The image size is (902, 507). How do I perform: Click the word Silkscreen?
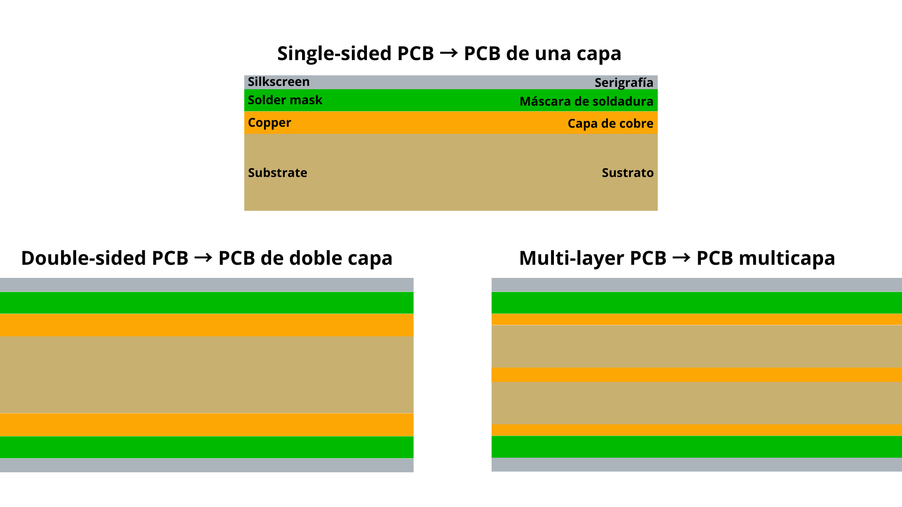(279, 82)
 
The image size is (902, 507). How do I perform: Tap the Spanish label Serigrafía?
(623, 83)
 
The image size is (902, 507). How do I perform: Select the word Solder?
(265, 100)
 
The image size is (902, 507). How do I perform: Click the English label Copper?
(269, 123)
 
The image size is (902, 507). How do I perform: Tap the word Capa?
(582, 123)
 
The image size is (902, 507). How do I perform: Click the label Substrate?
(277, 173)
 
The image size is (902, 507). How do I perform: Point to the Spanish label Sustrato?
(627, 173)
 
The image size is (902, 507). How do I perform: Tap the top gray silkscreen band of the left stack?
(207, 284)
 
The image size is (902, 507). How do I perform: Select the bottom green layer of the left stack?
(207, 447)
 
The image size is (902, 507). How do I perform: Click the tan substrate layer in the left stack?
(207, 375)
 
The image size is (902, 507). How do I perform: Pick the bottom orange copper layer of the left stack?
(207, 424)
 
